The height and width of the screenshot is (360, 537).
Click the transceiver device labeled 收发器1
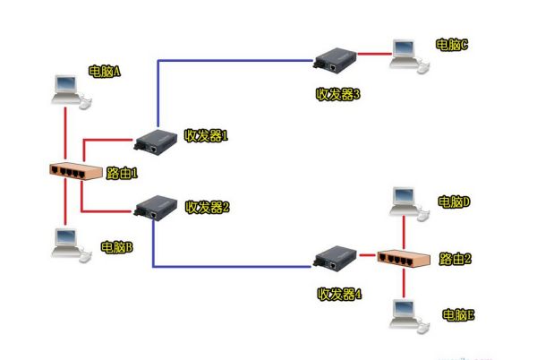tap(154, 139)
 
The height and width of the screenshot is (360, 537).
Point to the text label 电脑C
tap(452, 43)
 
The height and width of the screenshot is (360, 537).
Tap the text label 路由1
tap(122, 172)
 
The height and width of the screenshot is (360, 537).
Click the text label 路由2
tap(456, 259)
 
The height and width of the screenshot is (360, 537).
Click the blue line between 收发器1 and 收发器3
tap(233, 60)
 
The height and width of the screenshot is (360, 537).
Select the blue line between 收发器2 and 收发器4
tap(233, 266)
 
